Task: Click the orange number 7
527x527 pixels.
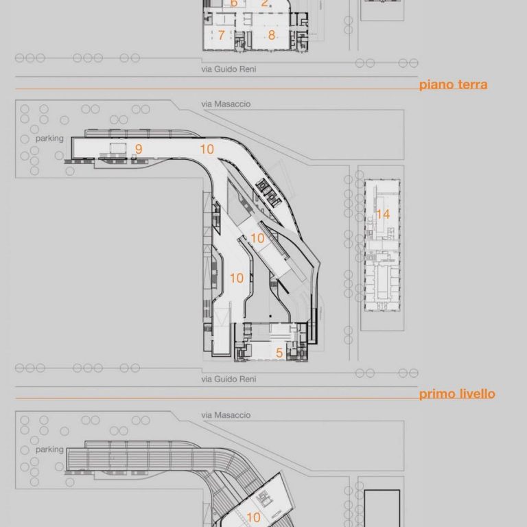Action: [221, 35]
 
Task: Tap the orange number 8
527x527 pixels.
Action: [272, 35]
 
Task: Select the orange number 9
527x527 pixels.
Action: [139, 149]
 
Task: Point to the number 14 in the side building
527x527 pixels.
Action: [383, 214]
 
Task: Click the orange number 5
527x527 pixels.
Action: [279, 353]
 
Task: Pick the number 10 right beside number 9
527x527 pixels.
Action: [207, 149]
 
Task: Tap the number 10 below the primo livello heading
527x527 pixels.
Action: [253, 517]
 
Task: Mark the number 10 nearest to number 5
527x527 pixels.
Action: [237, 278]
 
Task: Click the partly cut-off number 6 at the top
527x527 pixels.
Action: [234, 3]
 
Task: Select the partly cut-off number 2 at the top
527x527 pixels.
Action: [265, 3]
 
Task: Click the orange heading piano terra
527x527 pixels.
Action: [454, 84]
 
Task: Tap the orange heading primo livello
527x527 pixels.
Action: [457, 394]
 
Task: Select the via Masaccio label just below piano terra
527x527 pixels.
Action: [226, 104]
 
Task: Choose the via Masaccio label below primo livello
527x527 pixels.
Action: [226, 415]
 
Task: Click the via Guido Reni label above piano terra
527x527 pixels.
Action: [229, 69]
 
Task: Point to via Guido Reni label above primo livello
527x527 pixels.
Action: [229, 379]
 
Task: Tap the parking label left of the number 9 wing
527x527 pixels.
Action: [49, 139]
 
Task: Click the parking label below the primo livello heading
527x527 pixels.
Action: [49, 449]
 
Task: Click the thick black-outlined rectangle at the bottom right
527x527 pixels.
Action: [382, 508]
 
